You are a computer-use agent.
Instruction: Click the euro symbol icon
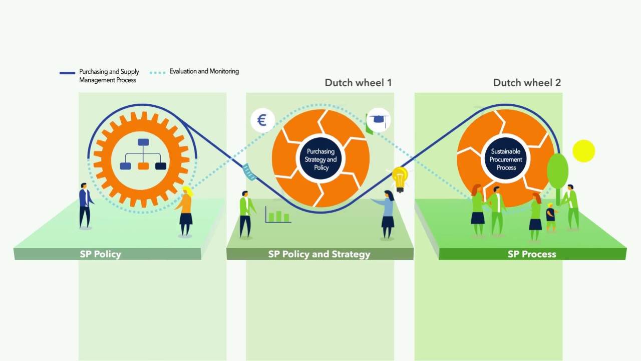pos(262,120)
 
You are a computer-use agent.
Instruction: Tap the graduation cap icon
pos(378,120)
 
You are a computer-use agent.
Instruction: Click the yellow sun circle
pos(583,151)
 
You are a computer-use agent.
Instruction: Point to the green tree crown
pos(557,171)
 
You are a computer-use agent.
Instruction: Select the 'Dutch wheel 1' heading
pos(358,83)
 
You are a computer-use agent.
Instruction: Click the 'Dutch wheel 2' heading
pos(527,83)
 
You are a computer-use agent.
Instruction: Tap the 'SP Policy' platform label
pos(101,254)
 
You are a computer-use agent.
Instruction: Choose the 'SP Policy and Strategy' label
pos(319,254)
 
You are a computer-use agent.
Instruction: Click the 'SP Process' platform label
pos(532,254)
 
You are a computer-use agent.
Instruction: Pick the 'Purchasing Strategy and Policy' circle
pos(321,159)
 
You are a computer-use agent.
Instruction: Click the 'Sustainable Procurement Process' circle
pos(506,159)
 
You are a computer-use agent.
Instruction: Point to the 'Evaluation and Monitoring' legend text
pos(204,72)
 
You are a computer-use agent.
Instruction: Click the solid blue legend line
pos(67,73)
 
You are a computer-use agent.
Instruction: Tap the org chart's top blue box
pos(144,142)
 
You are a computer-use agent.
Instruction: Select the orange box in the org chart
pos(143,166)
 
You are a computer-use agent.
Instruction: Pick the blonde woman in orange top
pos(186,211)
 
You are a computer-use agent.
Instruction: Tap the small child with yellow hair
pos(551,217)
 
